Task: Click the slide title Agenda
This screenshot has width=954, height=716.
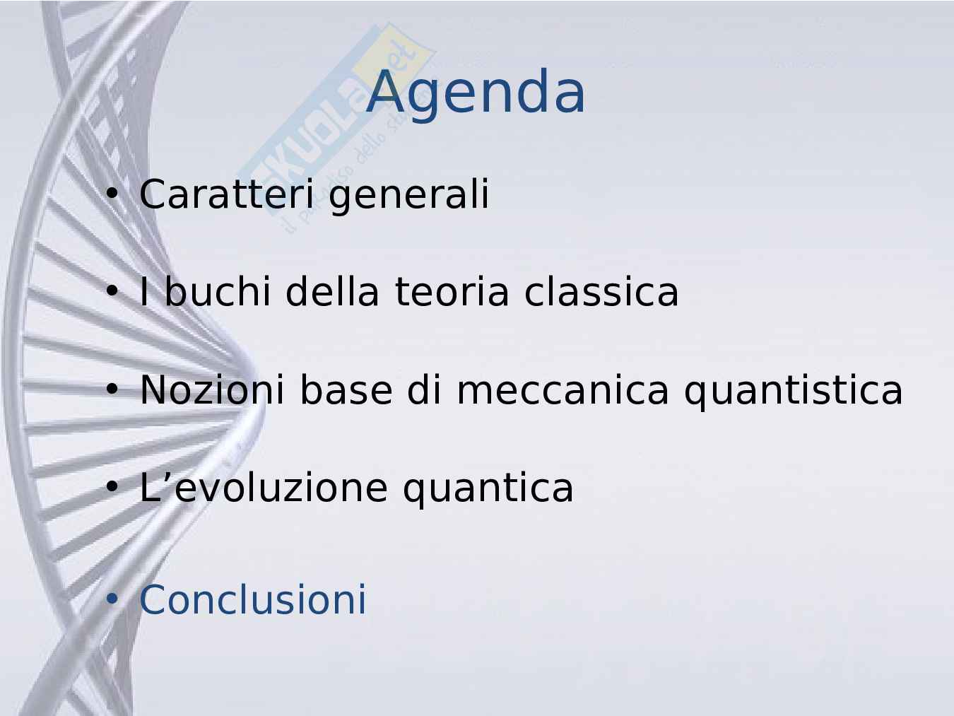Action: [x=476, y=94]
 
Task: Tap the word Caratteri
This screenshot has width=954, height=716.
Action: [x=226, y=194]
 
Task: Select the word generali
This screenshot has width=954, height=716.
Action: [x=409, y=196]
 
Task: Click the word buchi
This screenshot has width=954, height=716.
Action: [x=218, y=290]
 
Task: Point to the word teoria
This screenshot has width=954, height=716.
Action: [x=452, y=292]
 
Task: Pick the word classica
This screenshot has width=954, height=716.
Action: [x=601, y=290]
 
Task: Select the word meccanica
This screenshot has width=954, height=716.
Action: [x=563, y=390]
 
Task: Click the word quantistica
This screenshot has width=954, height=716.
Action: [x=794, y=392]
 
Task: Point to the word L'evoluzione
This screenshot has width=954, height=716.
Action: [x=264, y=487]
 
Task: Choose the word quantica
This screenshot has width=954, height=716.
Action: [x=488, y=490]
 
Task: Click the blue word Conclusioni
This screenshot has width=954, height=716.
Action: [x=253, y=599]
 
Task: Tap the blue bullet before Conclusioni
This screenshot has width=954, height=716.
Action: [x=112, y=599]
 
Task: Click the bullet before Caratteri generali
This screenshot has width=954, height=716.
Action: [x=112, y=194]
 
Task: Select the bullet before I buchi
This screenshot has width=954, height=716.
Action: [x=112, y=290]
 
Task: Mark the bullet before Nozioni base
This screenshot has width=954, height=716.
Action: [x=112, y=389]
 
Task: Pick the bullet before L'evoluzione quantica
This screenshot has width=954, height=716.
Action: [x=112, y=487]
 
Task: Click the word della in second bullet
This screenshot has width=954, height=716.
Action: [x=332, y=290]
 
